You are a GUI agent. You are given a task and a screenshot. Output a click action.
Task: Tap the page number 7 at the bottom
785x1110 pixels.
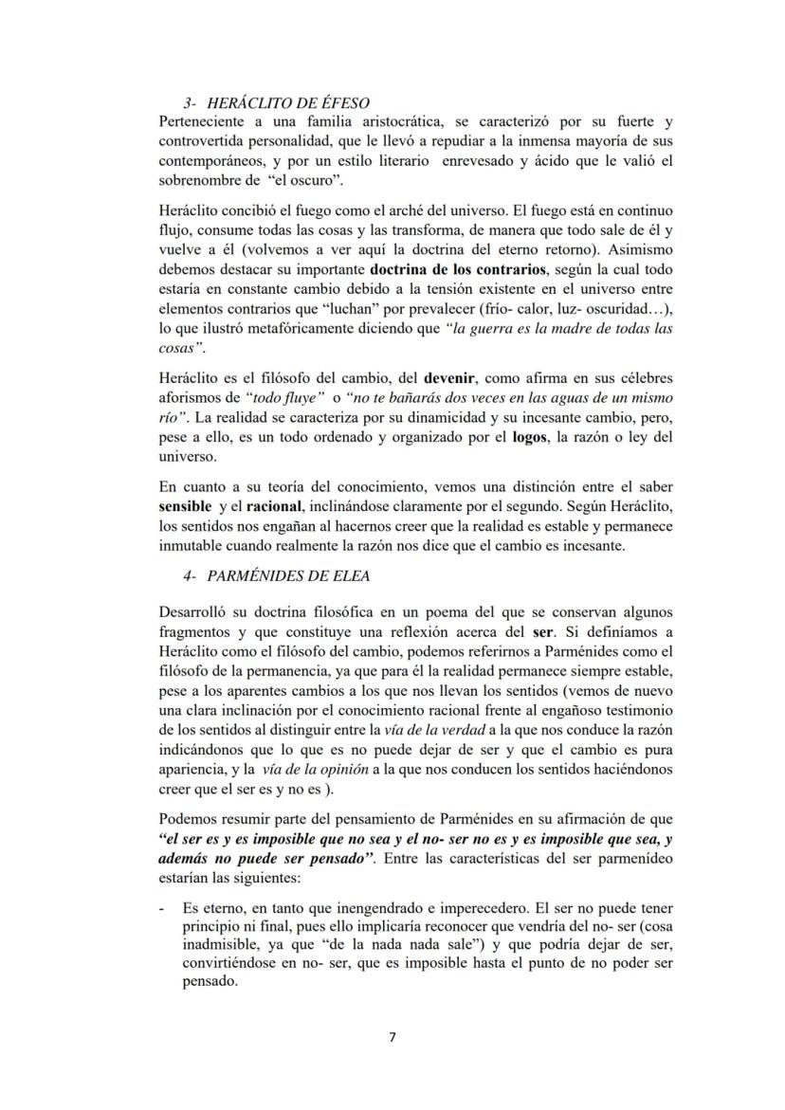pyautogui.click(x=392, y=1036)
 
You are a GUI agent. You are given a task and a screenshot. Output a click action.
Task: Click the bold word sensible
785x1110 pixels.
pyautogui.click(x=185, y=507)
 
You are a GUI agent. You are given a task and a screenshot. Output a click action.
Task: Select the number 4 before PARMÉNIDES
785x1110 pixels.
pyautogui.click(x=189, y=575)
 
